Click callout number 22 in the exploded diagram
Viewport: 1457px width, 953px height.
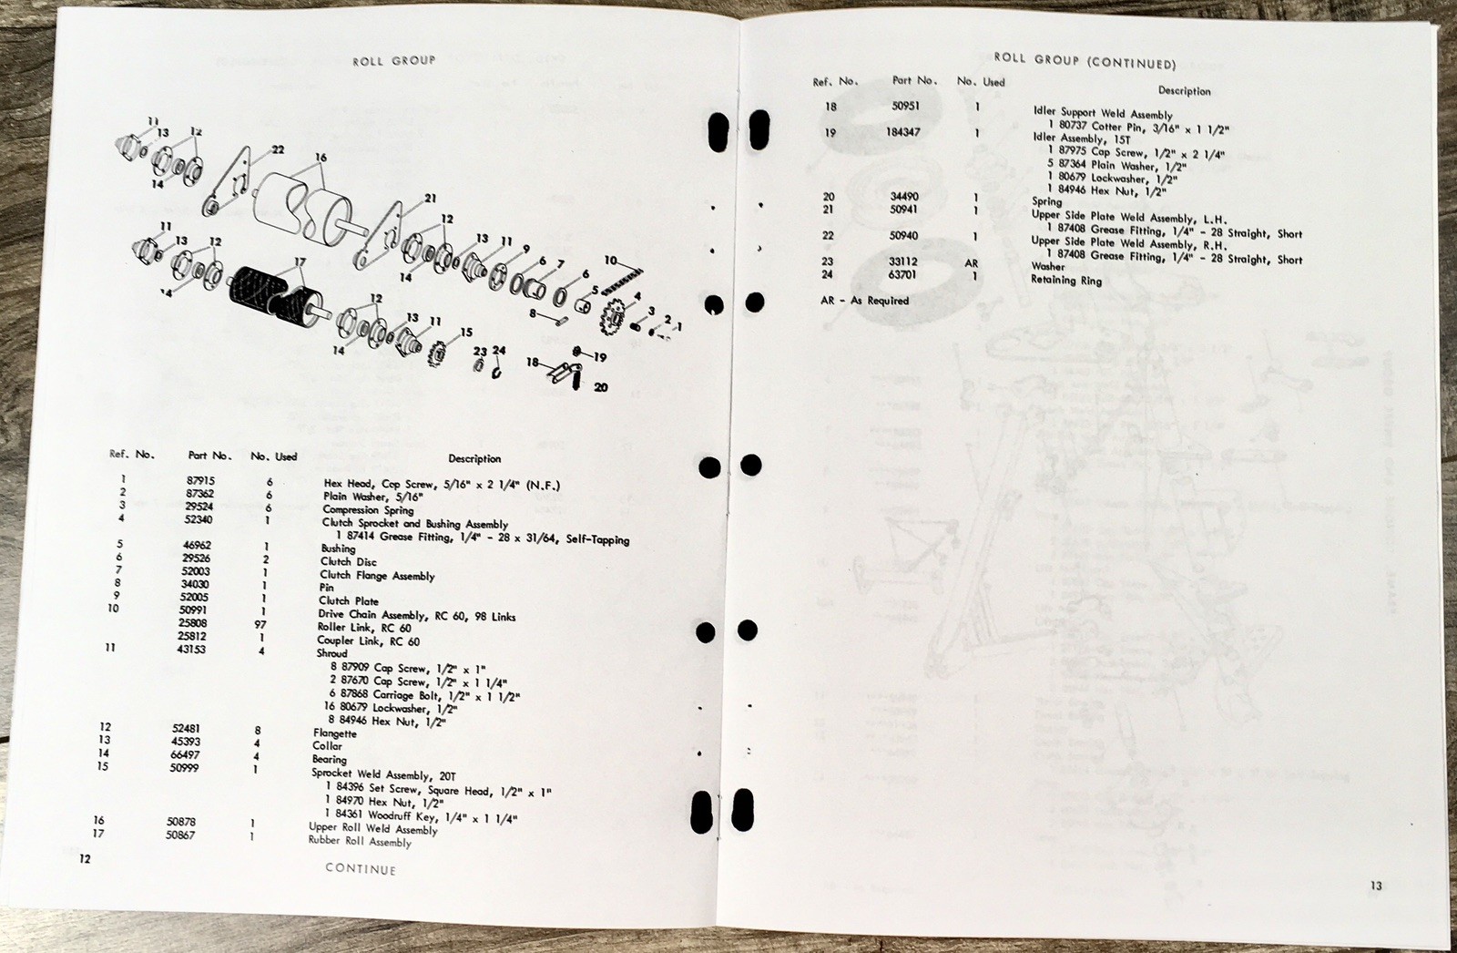[x=277, y=150]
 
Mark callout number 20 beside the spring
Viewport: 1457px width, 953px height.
[x=600, y=386]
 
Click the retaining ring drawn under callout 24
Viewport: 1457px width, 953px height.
[x=497, y=371]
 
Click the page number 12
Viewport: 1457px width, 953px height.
[x=84, y=858]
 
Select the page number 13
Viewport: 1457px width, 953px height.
[x=1375, y=885]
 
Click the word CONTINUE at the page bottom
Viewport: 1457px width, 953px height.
[x=361, y=869]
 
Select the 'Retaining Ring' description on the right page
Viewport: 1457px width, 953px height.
[x=1065, y=281]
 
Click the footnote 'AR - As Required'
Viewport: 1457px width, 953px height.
[x=864, y=301]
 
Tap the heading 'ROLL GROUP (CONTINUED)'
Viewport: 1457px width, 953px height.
[x=1085, y=61]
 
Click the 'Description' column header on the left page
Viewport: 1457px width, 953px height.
[x=474, y=458]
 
